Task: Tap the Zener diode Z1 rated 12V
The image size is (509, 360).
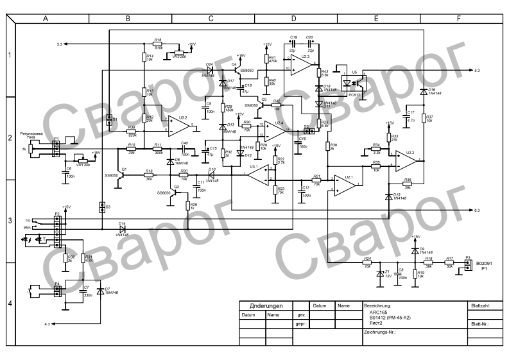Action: pyautogui.click(x=378, y=273)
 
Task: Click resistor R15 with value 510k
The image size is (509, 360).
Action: pyautogui.click(x=158, y=44)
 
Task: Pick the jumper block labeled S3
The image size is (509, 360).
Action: pyautogui.click(x=101, y=207)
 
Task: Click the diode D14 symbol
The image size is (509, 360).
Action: pyautogui.click(x=122, y=229)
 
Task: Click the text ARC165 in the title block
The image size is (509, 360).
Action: pyautogui.click(x=379, y=313)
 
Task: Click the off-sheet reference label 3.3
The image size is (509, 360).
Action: pyautogui.click(x=60, y=44)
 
